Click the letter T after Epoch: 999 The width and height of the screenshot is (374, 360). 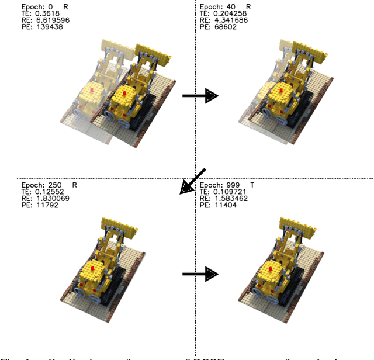click(x=252, y=185)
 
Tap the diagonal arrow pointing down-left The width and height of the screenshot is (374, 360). click(x=193, y=181)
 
